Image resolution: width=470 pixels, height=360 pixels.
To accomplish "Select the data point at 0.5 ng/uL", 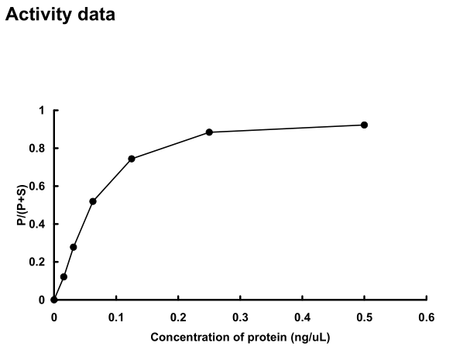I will pos(364,125).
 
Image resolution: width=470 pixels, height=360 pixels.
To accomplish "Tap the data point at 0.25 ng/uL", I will pos(209,132).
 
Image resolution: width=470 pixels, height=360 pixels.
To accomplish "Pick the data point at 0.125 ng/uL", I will pos(132,159).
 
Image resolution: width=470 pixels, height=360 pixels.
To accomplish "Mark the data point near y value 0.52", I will pos(93,201).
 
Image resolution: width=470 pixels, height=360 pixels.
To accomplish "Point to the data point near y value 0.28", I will pos(74,247).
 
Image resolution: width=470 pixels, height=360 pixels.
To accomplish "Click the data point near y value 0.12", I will pos(63,276).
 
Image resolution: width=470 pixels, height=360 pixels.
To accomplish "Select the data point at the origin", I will pos(54,300).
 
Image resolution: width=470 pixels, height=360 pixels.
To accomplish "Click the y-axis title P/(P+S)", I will pos(21,205).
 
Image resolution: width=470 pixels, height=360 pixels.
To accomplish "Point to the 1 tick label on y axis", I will pos(43,111).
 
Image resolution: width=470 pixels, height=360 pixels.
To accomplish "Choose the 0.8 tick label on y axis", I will pos(39,149).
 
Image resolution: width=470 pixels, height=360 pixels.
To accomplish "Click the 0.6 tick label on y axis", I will pos(39,187).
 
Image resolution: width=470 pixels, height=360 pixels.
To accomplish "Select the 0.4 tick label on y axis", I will pos(39,225).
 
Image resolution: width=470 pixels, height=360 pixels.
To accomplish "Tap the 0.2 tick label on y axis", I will pos(39,262).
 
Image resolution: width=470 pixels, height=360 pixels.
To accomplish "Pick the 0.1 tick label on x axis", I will pos(116,317).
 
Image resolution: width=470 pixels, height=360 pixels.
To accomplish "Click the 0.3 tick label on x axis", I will pos(240,317).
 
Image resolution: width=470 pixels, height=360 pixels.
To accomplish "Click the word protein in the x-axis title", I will pos(283,338).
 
